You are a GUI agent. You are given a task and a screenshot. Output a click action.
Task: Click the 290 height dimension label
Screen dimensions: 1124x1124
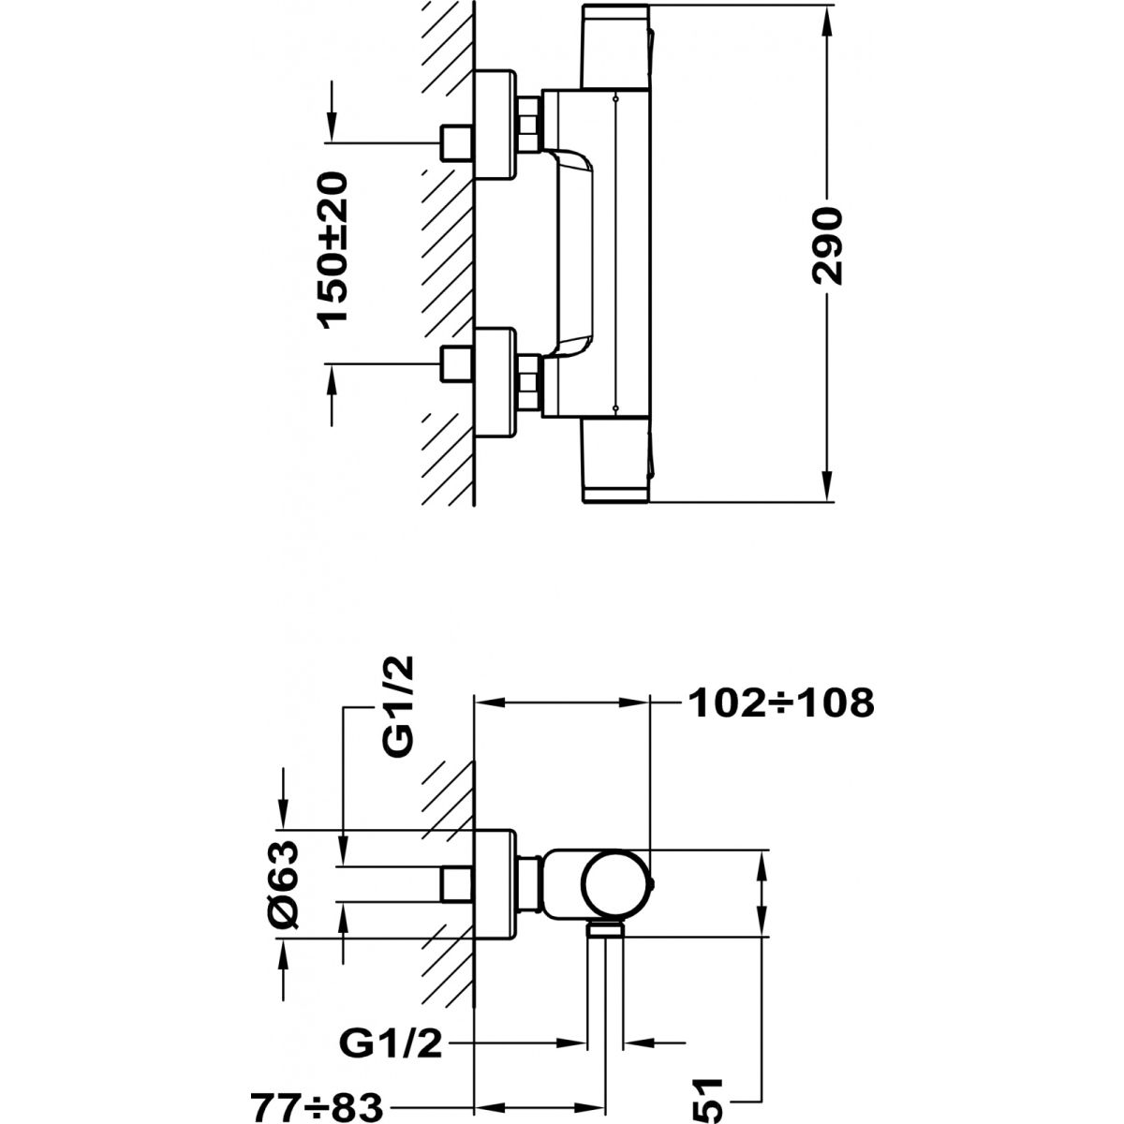pos(828,246)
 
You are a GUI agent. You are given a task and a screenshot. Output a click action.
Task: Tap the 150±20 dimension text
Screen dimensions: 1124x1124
pos(333,248)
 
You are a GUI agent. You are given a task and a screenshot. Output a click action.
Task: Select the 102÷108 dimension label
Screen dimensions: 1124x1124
pos(779,702)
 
